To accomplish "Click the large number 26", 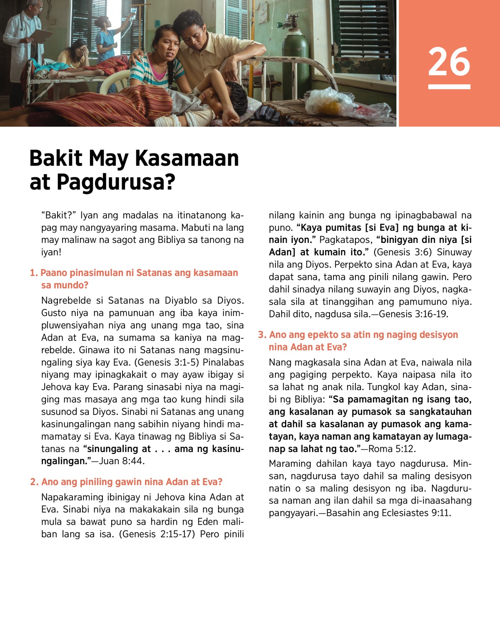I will pos(449,62).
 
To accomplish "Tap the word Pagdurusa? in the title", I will pos(116,182).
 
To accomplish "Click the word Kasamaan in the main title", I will pos(187,158).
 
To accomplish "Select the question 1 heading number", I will pos(34,273).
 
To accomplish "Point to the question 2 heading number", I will pos(34,482).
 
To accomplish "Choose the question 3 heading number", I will pos(262,335).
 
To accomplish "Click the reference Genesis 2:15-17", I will pos(157,534).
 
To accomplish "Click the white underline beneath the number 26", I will pos(449,87).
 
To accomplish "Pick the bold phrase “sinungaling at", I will pos(117,449).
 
